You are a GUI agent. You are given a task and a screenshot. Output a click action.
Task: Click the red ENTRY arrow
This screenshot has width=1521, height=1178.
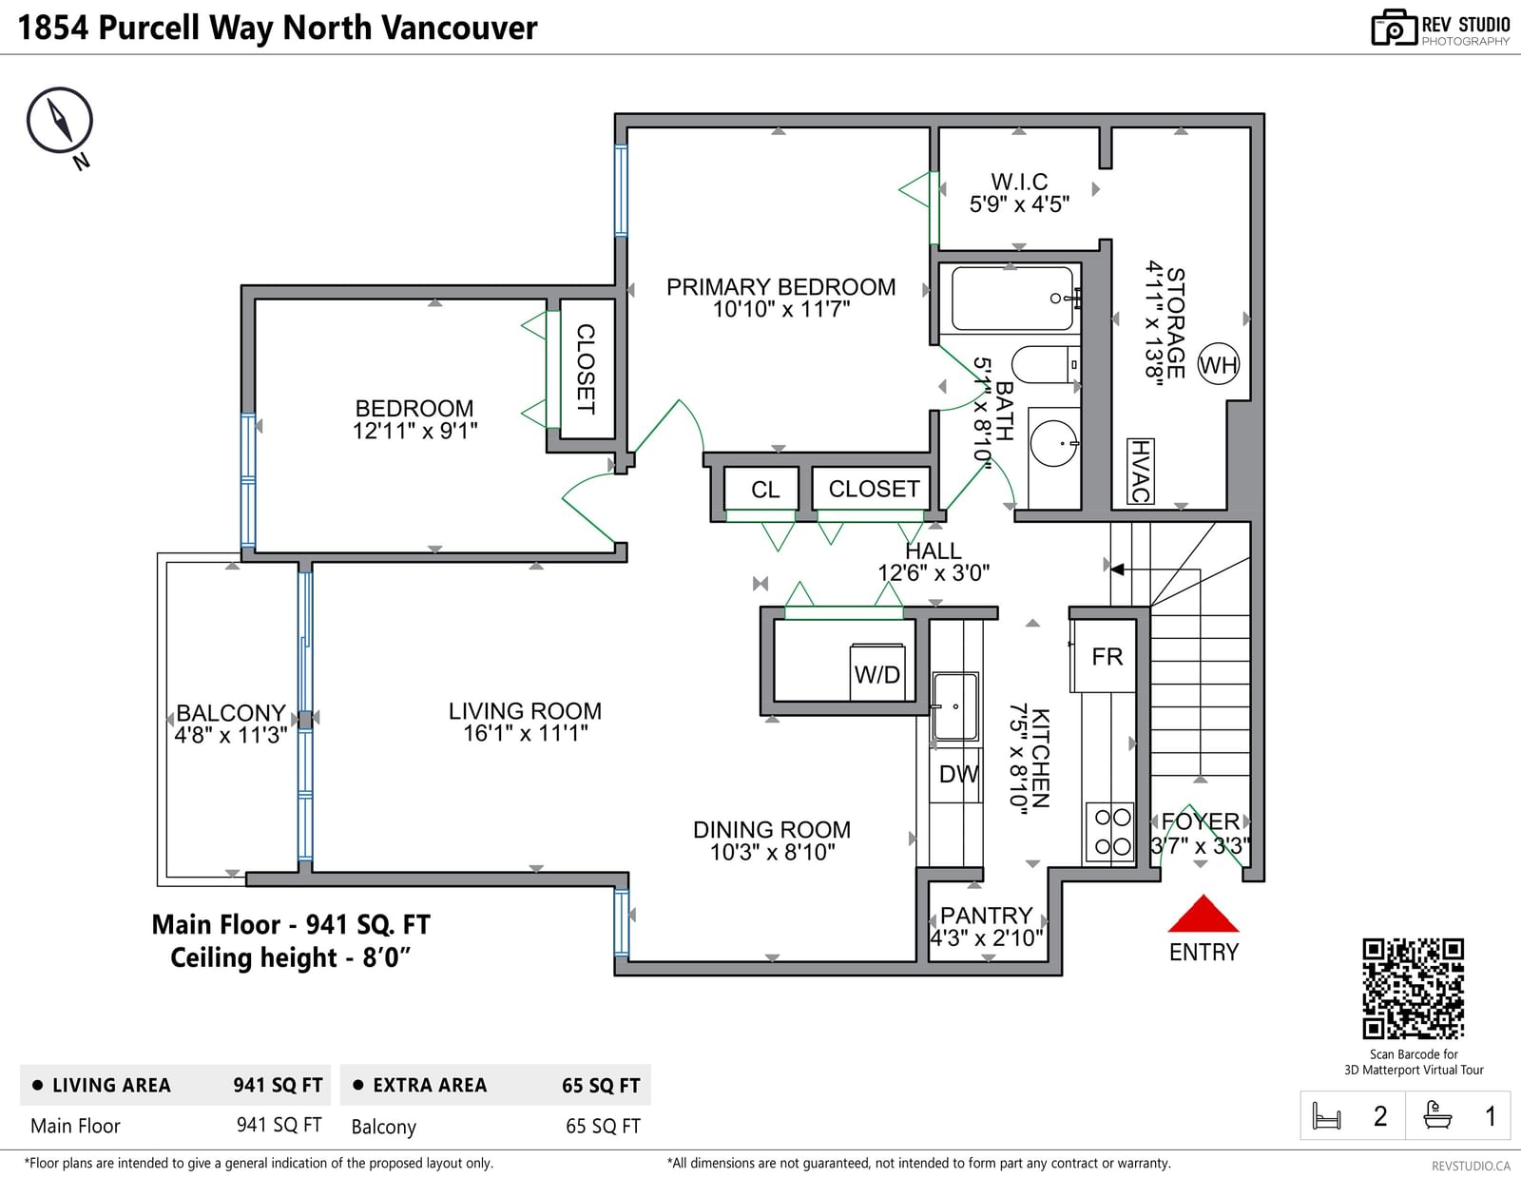[1203, 914]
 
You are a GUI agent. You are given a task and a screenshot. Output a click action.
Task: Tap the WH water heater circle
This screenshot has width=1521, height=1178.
[1219, 364]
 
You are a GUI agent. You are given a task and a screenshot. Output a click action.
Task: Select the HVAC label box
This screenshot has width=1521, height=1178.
[1140, 471]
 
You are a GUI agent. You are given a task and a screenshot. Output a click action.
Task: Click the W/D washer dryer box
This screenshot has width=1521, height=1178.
[876, 672]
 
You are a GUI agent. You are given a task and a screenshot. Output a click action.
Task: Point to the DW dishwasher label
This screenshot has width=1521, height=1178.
[959, 774]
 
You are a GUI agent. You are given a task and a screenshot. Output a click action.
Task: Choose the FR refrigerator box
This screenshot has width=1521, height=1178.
[1104, 657]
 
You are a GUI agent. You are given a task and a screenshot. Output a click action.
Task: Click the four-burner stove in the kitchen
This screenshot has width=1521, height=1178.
[1110, 832]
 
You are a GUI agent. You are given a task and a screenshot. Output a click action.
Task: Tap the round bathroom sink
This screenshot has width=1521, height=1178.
[1054, 443]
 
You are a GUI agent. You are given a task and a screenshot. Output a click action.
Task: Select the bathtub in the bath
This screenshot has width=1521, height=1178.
[1012, 299]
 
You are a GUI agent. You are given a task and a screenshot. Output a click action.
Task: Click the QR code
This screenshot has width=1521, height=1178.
[1414, 989]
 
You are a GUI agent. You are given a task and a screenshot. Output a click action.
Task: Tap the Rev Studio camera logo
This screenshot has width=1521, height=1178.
[1394, 28]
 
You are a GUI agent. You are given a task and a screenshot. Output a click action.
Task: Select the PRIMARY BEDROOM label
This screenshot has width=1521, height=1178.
[780, 287]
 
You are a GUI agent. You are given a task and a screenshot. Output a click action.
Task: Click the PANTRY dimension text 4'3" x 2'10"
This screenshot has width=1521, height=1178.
[986, 937]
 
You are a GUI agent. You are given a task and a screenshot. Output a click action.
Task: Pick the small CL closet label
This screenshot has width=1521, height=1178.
[765, 490]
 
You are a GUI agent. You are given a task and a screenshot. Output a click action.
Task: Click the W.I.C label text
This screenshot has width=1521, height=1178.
[1019, 182]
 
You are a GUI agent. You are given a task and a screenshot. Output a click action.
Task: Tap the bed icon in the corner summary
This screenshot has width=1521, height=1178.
[1326, 1116]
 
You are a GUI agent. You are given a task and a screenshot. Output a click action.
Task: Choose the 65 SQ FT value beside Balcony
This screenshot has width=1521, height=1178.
[603, 1127]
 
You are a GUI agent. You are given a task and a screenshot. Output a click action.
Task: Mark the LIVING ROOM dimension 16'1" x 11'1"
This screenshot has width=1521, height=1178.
[525, 734]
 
